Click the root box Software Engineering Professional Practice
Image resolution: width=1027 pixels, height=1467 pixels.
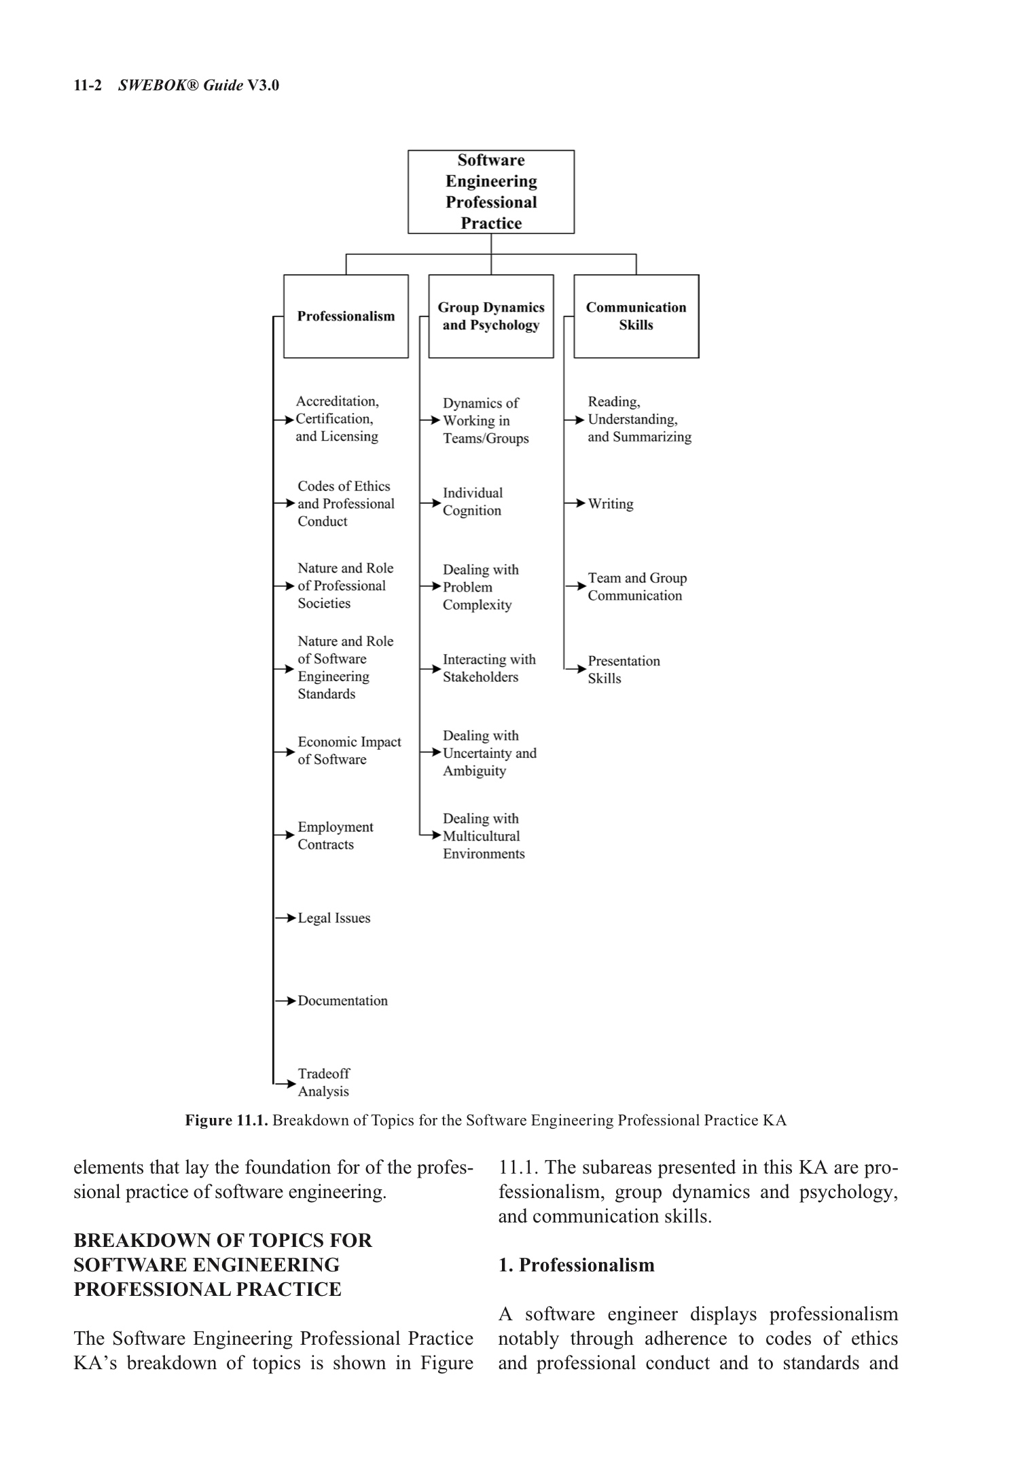pyautogui.click(x=490, y=192)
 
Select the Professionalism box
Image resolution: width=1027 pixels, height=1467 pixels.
pyautogui.click(x=346, y=316)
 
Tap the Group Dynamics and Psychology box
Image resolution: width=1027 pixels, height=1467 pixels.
pyautogui.click(x=490, y=316)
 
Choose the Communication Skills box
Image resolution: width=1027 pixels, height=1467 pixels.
pyautogui.click(x=636, y=316)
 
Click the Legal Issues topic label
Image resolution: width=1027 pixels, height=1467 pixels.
pyautogui.click(x=334, y=918)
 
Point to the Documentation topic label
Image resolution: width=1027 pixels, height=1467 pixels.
pyautogui.click(x=342, y=1001)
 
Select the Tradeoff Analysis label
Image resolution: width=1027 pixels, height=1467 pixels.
pyautogui.click(x=323, y=1083)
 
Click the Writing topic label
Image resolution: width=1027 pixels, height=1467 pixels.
pyautogui.click(x=610, y=504)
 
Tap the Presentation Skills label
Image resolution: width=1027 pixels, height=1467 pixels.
pyautogui.click(x=623, y=670)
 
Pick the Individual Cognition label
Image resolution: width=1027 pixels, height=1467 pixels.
pyautogui.click(x=472, y=502)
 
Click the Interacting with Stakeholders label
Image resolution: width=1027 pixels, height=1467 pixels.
pyautogui.click(x=488, y=668)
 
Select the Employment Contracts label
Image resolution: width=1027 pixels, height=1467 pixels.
pyautogui.click(x=335, y=836)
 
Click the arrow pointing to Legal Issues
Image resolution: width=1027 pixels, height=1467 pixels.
pyautogui.click(x=285, y=918)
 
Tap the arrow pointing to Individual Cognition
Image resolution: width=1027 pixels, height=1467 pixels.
pyautogui.click(x=431, y=503)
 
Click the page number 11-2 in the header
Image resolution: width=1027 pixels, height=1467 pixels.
pyautogui.click(x=88, y=86)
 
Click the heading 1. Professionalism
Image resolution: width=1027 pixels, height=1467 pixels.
pyautogui.click(x=576, y=1265)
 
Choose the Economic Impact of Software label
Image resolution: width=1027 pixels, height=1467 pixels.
pyautogui.click(x=348, y=751)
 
